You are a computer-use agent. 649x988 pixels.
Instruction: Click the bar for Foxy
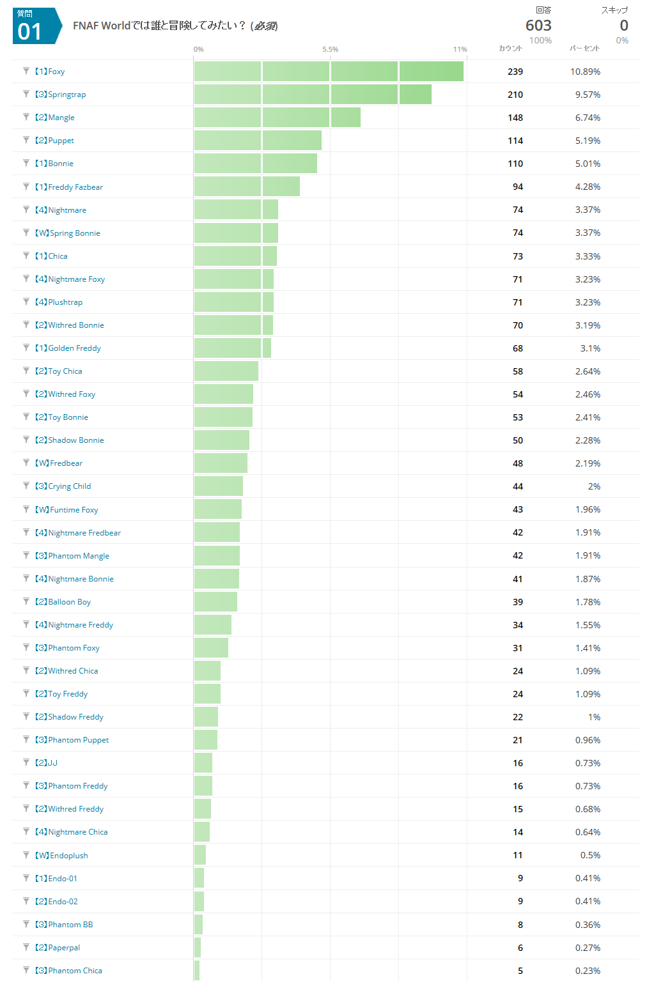pyautogui.click(x=329, y=72)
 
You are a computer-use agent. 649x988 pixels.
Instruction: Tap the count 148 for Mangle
pyautogui.click(x=515, y=118)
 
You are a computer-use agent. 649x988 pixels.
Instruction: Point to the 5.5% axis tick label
pyautogui.click(x=330, y=49)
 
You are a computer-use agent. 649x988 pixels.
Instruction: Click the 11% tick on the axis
pyautogui.click(x=460, y=49)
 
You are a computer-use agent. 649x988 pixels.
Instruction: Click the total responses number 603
pyautogui.click(x=538, y=26)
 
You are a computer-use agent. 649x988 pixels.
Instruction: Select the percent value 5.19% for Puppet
pyautogui.click(x=588, y=141)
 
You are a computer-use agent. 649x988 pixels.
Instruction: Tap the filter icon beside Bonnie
pyautogui.click(x=26, y=163)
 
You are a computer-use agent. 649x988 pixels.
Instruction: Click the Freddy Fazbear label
pyautogui.click(x=70, y=187)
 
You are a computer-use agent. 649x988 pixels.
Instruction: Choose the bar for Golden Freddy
pyautogui.click(x=233, y=348)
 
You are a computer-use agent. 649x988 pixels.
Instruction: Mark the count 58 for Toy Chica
pyautogui.click(x=517, y=371)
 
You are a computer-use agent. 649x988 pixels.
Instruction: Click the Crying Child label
pyautogui.click(x=63, y=486)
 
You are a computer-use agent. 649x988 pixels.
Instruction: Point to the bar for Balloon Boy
pyautogui.click(x=215, y=602)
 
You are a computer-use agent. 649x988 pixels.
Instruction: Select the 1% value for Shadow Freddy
pyautogui.click(x=594, y=717)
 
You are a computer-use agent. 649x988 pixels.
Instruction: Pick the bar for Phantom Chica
pyautogui.click(x=197, y=971)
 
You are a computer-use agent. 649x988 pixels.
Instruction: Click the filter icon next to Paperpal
pyautogui.click(x=26, y=947)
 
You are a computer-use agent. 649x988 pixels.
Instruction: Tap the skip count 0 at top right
pyautogui.click(x=623, y=26)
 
